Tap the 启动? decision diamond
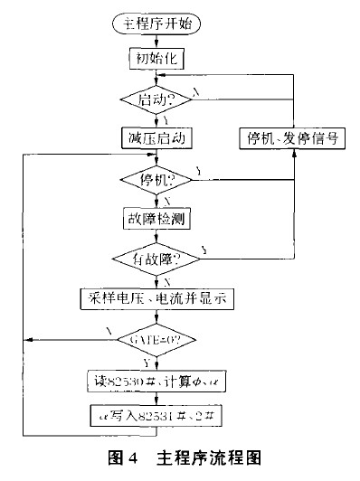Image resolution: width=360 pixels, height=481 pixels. coord(158,98)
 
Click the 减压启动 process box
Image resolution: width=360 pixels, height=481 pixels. coord(158,137)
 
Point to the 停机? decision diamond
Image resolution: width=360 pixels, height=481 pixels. coord(158,179)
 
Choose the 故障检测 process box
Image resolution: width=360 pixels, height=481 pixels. coord(158,218)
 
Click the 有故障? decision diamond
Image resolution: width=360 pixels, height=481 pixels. coord(158,259)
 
